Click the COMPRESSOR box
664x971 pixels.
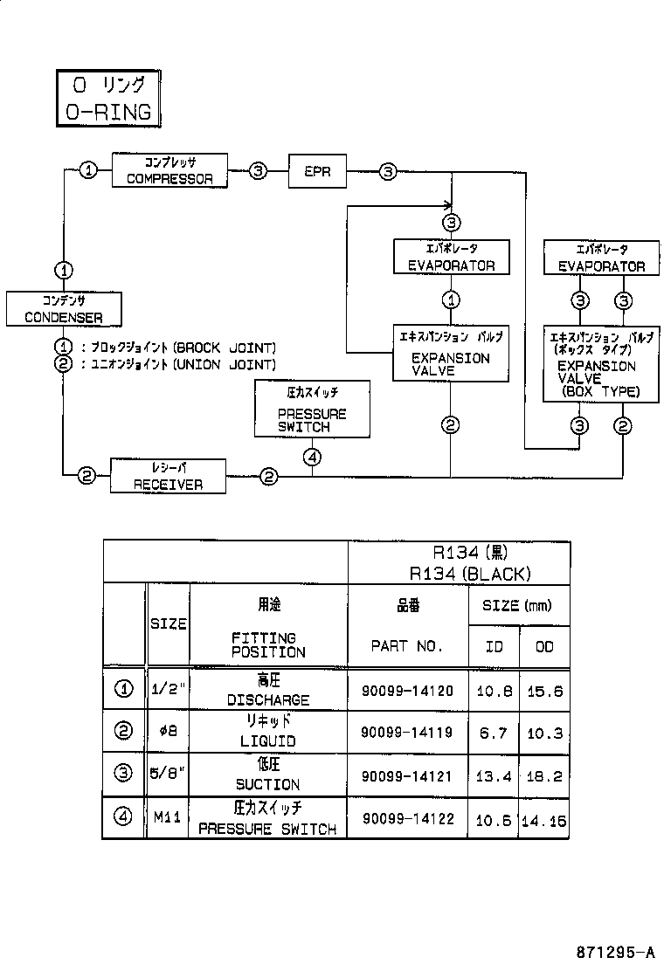pos(169,170)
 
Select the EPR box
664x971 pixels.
pos(316,171)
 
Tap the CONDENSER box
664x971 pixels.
pos(63,308)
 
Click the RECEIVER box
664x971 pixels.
pos(168,477)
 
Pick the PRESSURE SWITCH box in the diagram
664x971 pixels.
pos(312,408)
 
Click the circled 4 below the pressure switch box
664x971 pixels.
pos(313,457)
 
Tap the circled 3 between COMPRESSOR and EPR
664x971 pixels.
pos(258,171)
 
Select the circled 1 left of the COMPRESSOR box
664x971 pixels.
pos(88,171)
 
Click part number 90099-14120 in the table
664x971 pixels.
pos(407,691)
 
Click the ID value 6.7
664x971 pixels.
pos(494,733)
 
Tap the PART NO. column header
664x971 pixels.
pos(407,646)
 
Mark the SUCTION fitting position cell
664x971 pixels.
pos(267,775)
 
